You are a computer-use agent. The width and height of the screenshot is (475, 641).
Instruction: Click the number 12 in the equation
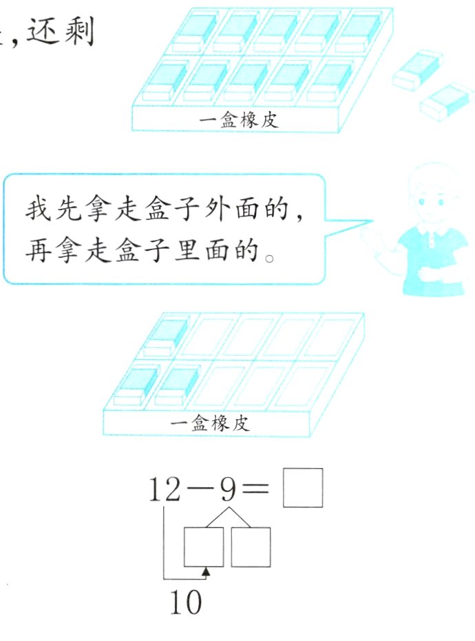(165, 489)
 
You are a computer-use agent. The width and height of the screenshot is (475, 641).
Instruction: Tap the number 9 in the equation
(229, 489)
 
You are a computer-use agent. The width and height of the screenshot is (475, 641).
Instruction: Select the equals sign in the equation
(255, 488)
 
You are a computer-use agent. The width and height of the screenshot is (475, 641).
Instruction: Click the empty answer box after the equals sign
(303, 488)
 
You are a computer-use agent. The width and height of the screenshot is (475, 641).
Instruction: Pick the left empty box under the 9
(204, 547)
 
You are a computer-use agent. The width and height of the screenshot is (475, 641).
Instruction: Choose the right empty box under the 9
(251, 547)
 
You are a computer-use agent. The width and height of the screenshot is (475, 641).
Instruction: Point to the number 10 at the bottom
(186, 602)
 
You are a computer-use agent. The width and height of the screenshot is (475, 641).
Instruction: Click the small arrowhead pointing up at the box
(207, 571)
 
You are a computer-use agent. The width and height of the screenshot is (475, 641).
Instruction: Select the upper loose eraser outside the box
(417, 69)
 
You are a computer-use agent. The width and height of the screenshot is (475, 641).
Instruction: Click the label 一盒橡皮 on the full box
(239, 120)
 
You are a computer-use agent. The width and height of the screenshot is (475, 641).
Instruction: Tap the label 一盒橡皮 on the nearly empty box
(209, 423)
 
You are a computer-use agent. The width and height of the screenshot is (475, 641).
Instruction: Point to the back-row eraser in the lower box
(165, 336)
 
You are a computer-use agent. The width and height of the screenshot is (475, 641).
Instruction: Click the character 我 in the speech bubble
(39, 210)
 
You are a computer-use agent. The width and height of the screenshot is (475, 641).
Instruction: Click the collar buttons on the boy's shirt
(432, 241)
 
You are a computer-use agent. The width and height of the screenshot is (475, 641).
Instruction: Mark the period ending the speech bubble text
(269, 258)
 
